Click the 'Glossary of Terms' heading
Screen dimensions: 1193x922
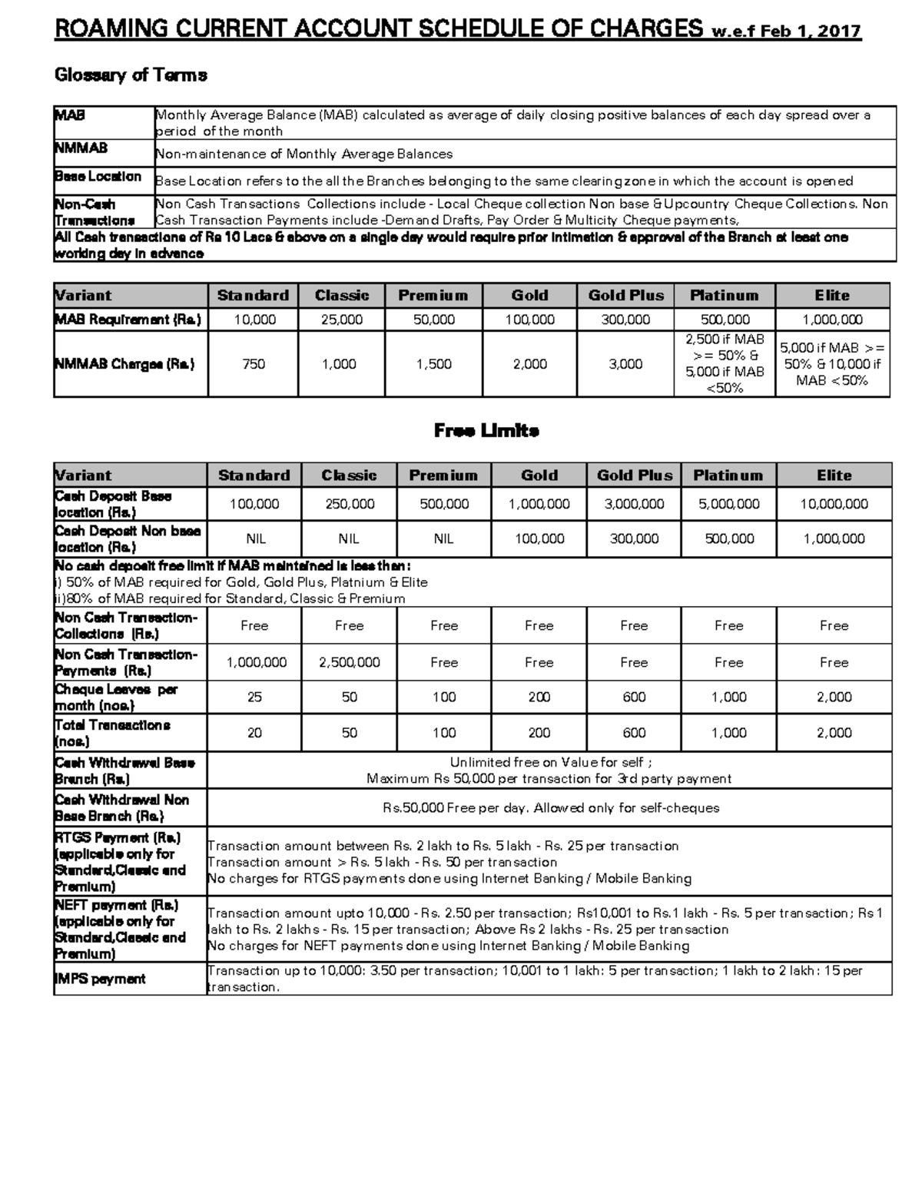pos(131,75)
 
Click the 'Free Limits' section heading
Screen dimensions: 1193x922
pos(486,430)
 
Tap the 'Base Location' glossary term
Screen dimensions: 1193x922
pos(98,177)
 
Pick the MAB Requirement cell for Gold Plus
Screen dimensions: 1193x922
pos(625,320)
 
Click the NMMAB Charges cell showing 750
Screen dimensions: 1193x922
pos(254,364)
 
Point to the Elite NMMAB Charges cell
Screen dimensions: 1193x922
pos(832,364)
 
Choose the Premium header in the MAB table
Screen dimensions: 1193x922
pos(433,296)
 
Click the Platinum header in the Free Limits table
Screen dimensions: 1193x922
pos(728,476)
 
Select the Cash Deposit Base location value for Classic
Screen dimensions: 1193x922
pos(349,504)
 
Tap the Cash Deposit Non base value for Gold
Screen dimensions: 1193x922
pos(539,539)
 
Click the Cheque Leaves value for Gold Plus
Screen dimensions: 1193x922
pos(634,697)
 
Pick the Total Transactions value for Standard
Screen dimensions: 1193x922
pos(254,733)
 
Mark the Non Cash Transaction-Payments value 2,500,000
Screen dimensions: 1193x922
pos(349,662)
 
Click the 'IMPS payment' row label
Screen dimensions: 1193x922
pos(100,979)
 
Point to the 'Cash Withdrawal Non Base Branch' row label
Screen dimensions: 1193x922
pos(121,807)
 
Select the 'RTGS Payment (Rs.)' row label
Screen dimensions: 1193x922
pos(118,837)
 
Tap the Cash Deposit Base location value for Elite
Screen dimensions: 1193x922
pos(834,504)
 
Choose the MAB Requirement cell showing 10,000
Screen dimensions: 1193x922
pos(254,320)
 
